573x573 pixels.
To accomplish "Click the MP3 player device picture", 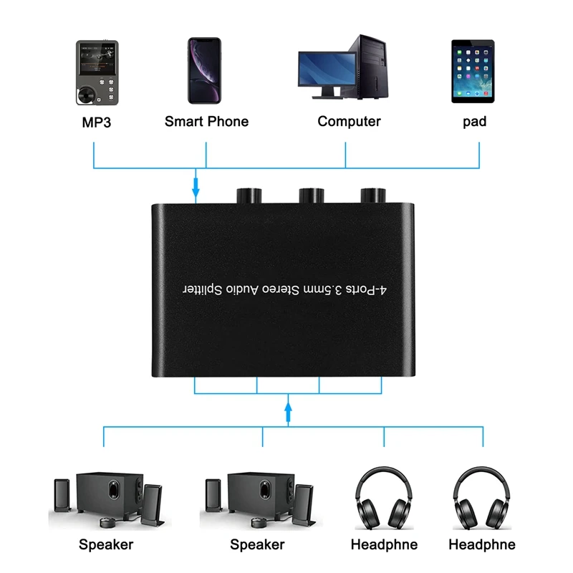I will coord(97,72).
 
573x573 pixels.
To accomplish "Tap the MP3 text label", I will coord(97,122).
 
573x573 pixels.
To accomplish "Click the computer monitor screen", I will coord(325,68).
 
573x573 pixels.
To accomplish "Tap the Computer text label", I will coord(349,121).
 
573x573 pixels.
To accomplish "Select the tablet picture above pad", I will coord(473,69).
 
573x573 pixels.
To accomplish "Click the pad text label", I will coord(474,122).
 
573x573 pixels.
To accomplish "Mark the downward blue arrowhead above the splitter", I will coord(195,191).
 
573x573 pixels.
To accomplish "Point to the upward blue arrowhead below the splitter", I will coord(288,410).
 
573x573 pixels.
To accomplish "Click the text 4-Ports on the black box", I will coord(365,290).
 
